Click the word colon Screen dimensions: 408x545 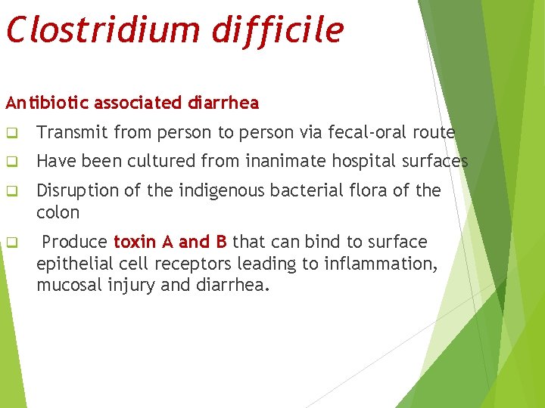pyautogui.click(x=58, y=212)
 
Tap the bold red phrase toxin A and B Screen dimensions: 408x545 pyautogui.click(x=170, y=243)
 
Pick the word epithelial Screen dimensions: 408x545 pyautogui.click(x=73, y=264)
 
